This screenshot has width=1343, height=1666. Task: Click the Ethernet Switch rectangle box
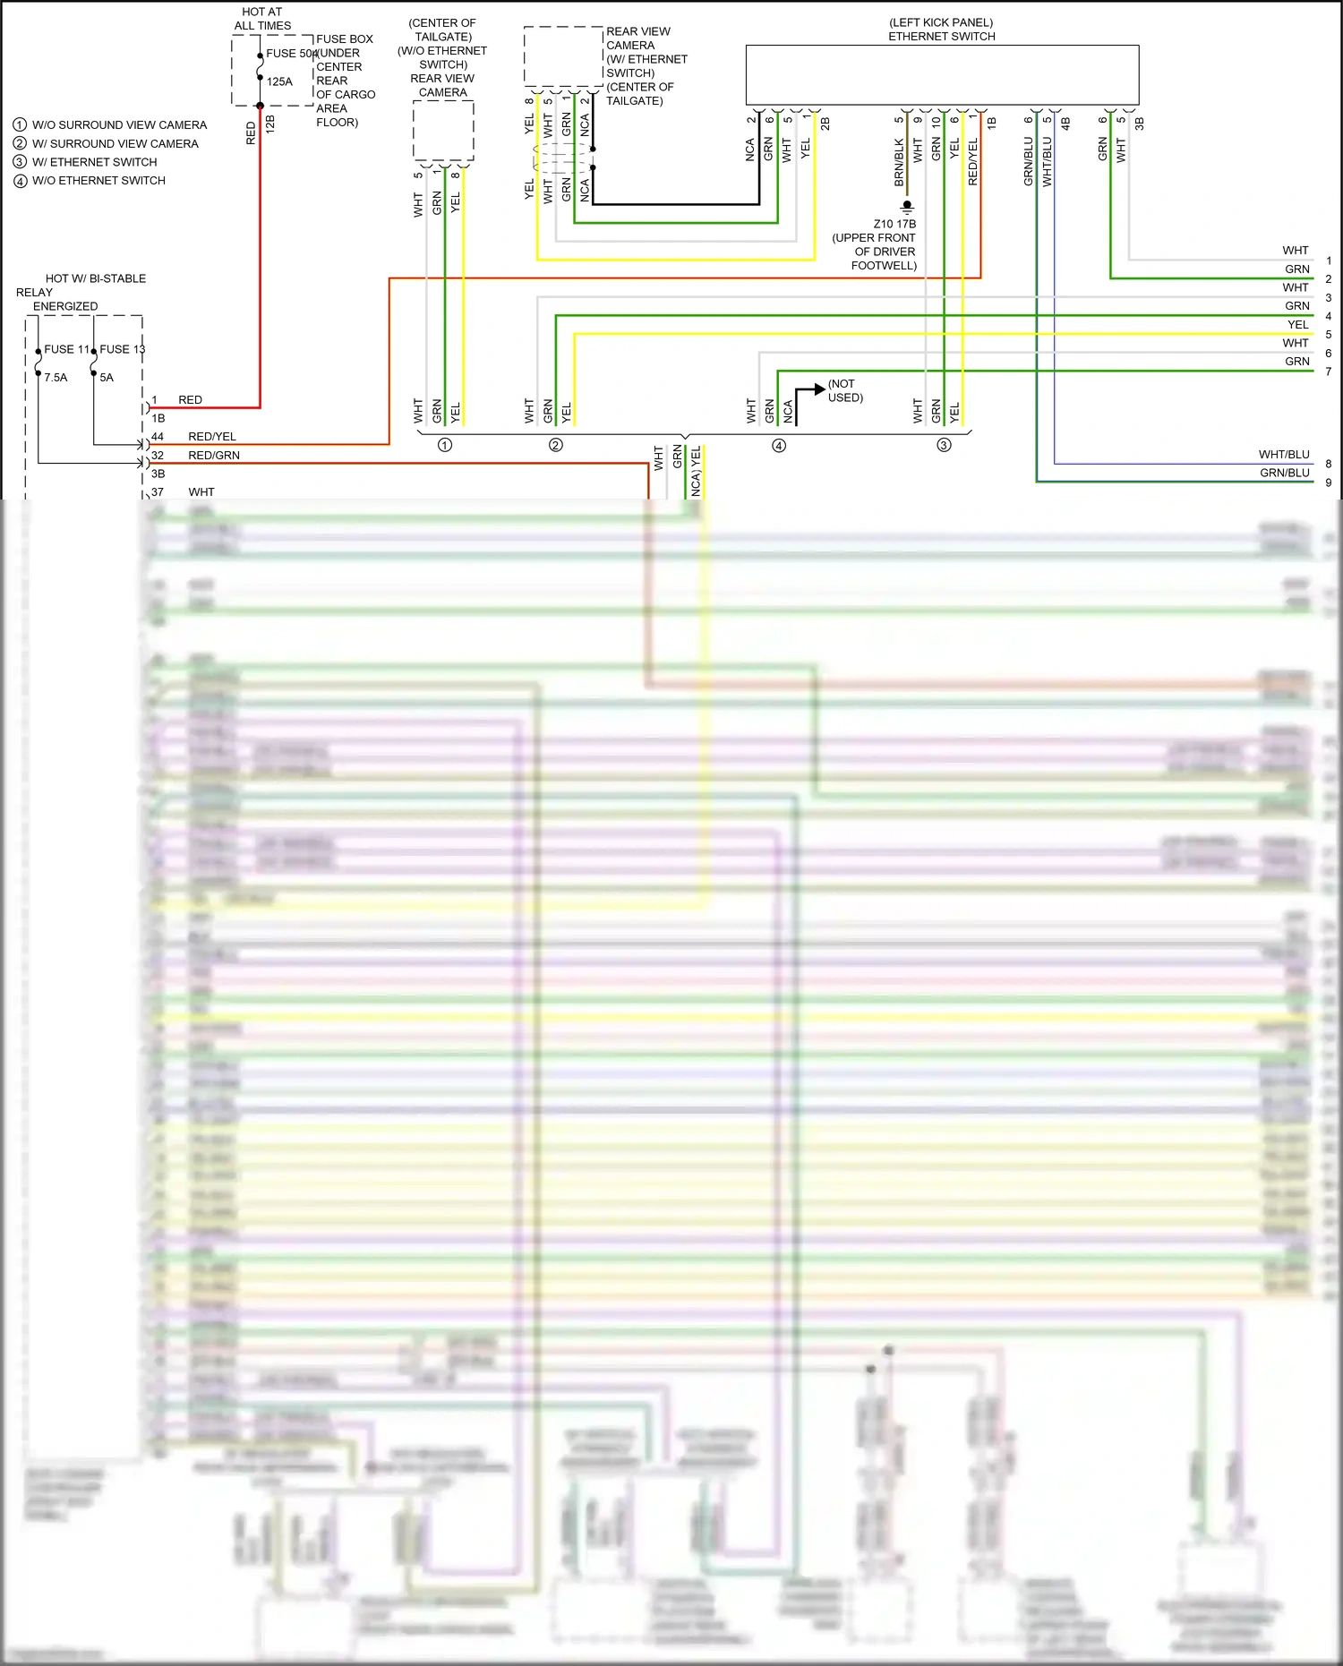[942, 74]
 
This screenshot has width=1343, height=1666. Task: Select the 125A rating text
[279, 81]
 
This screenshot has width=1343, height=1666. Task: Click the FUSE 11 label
[66, 349]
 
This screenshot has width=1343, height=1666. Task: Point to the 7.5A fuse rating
[56, 378]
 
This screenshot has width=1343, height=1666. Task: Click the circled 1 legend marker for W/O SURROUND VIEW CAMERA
[20, 125]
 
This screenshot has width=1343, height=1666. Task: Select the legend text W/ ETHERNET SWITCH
[94, 162]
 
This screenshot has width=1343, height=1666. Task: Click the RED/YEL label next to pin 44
[212, 437]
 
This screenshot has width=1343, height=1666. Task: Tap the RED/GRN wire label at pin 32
[214, 456]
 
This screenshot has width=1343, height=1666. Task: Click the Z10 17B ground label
[894, 225]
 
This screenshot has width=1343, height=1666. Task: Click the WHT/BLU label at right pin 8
[1283, 455]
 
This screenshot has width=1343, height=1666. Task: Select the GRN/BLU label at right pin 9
[1284, 474]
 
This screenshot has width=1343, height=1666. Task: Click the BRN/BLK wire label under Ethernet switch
[899, 162]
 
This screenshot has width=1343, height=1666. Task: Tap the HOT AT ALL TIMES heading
[262, 19]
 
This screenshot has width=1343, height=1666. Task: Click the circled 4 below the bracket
[779, 446]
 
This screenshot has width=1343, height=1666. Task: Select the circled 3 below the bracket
[944, 446]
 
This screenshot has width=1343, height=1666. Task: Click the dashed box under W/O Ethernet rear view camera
[443, 131]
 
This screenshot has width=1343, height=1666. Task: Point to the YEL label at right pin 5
[1297, 325]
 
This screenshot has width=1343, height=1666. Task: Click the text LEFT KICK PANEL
[941, 22]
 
